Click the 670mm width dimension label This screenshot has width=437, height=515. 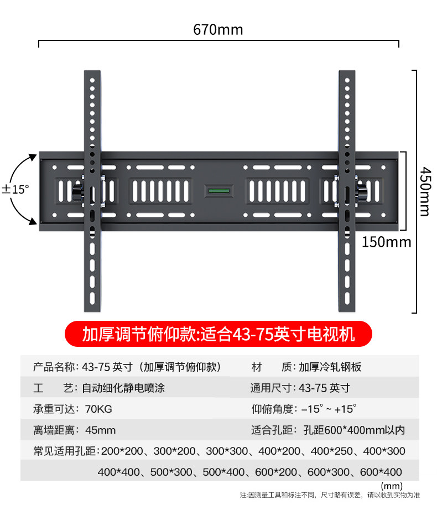218,29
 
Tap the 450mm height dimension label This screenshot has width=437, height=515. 424,191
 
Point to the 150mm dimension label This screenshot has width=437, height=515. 387,242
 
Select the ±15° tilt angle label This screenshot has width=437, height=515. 15,189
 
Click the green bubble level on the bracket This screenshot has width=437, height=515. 218,191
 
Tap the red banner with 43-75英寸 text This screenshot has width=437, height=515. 218,334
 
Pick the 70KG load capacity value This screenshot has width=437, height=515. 97,409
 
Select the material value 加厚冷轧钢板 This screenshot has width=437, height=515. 330,367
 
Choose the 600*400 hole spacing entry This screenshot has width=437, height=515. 381,472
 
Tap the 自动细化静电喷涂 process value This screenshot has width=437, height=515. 123,388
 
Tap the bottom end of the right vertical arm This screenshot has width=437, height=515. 346,306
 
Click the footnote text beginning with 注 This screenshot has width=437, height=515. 330,495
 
